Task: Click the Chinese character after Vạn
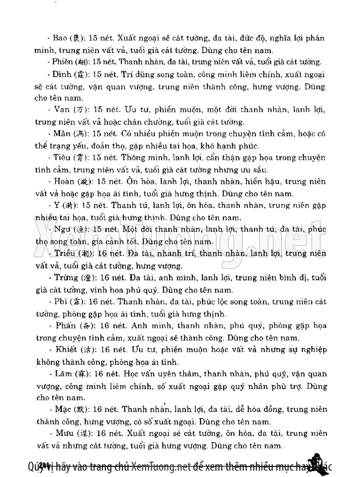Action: (79, 110)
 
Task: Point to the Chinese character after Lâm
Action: (80, 374)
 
